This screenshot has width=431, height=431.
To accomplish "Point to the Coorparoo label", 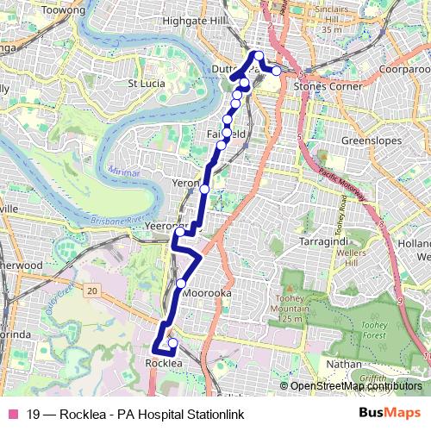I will pyautogui.click(x=403, y=66).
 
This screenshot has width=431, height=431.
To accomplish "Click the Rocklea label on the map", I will pyautogui.click(x=164, y=364).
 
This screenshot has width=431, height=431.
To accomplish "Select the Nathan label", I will pyautogui.click(x=344, y=364).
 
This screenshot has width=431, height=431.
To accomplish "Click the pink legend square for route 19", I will pyautogui.click(x=12, y=415).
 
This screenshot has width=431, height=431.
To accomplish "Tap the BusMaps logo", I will pyautogui.click(x=389, y=414).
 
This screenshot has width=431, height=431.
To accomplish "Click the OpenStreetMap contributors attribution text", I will pyautogui.click(x=356, y=385).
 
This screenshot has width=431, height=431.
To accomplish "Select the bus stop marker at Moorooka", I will pyautogui.click(x=181, y=283).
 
